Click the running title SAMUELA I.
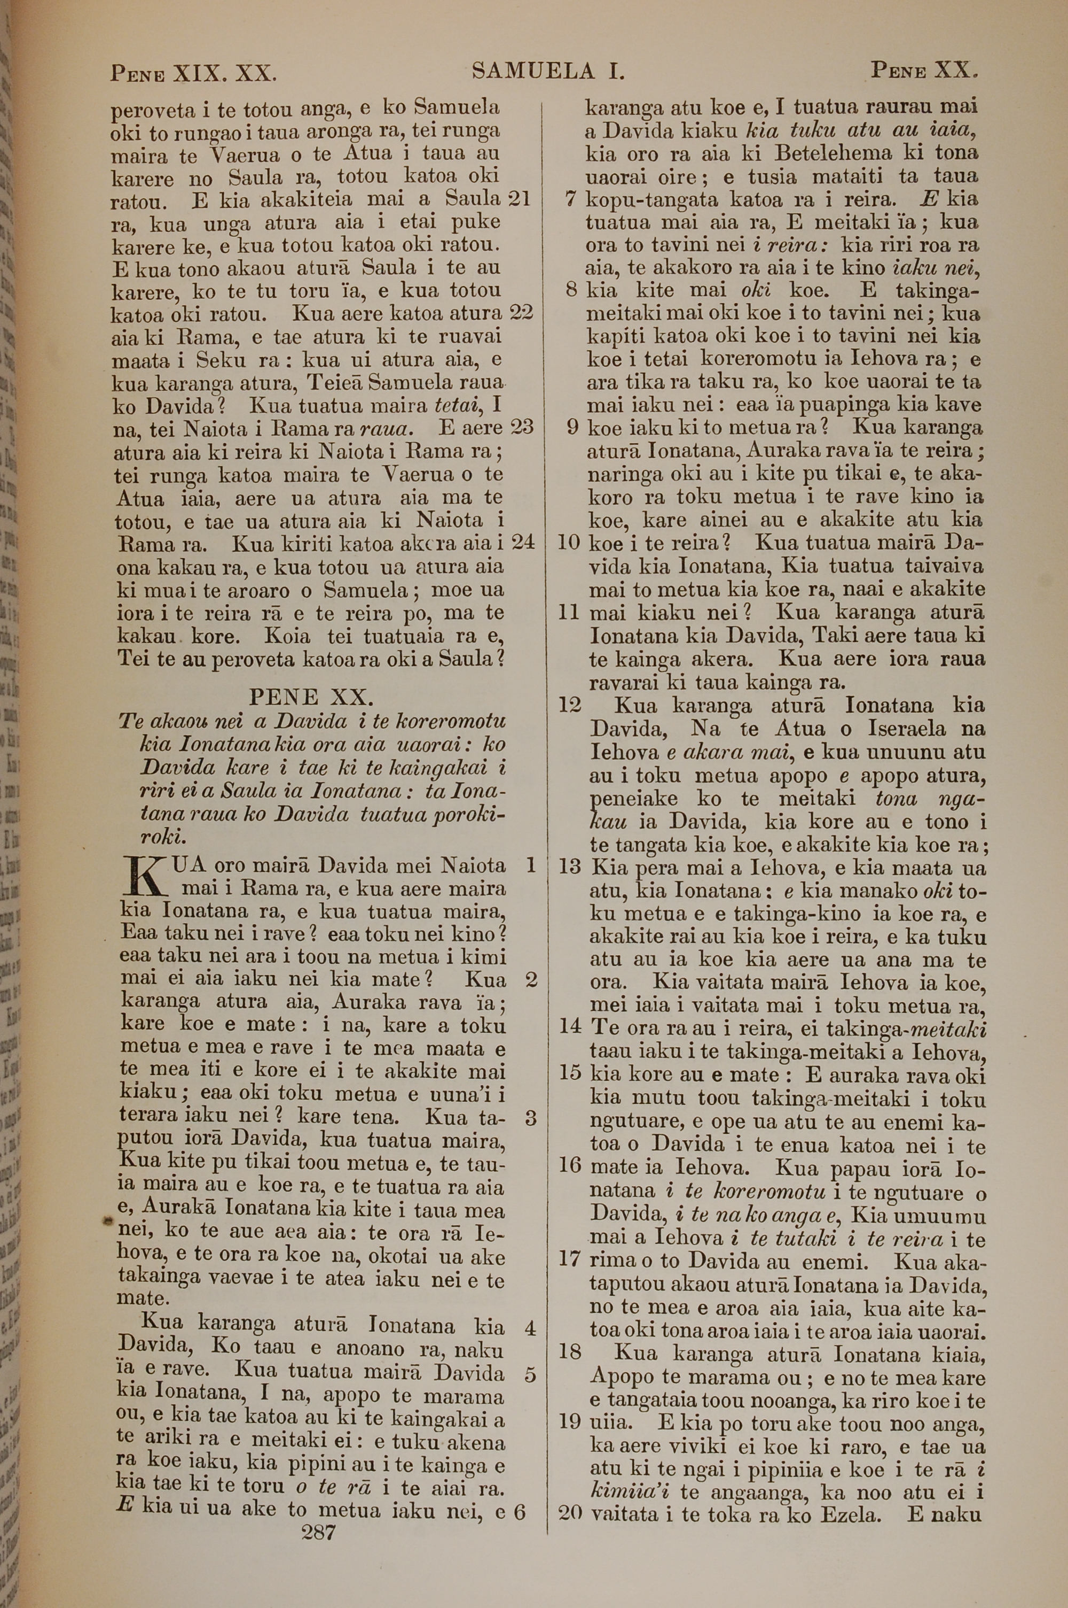point(548,71)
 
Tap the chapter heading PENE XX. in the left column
point(311,697)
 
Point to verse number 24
point(522,543)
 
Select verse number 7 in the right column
point(572,200)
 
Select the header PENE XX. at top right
point(924,69)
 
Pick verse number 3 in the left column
point(531,1118)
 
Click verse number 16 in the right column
point(569,1164)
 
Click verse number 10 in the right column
point(569,543)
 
